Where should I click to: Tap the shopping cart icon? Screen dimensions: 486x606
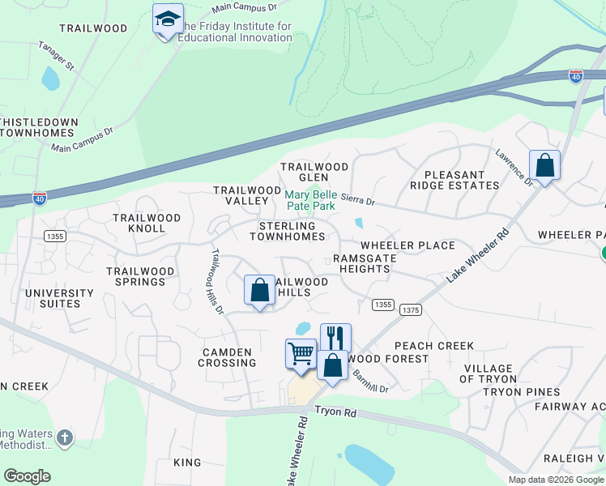[x=301, y=354]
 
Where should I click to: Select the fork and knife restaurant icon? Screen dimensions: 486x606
[x=335, y=337]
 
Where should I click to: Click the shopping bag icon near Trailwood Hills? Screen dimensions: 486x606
[x=259, y=289]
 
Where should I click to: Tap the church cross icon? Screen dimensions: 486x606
[x=64, y=438]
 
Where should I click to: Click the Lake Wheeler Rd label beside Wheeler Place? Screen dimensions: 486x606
[x=477, y=254]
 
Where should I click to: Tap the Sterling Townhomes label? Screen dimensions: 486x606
[x=288, y=231]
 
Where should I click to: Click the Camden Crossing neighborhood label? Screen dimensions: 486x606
[x=228, y=357]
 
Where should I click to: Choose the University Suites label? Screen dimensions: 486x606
[x=53, y=298]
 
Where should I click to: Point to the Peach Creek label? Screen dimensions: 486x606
[x=433, y=346]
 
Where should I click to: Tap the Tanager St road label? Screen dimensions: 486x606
[x=56, y=54]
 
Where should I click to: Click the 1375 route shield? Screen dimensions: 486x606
[x=411, y=310]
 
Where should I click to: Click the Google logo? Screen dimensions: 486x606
[x=27, y=476]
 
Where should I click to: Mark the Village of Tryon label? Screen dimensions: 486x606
[x=489, y=373]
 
